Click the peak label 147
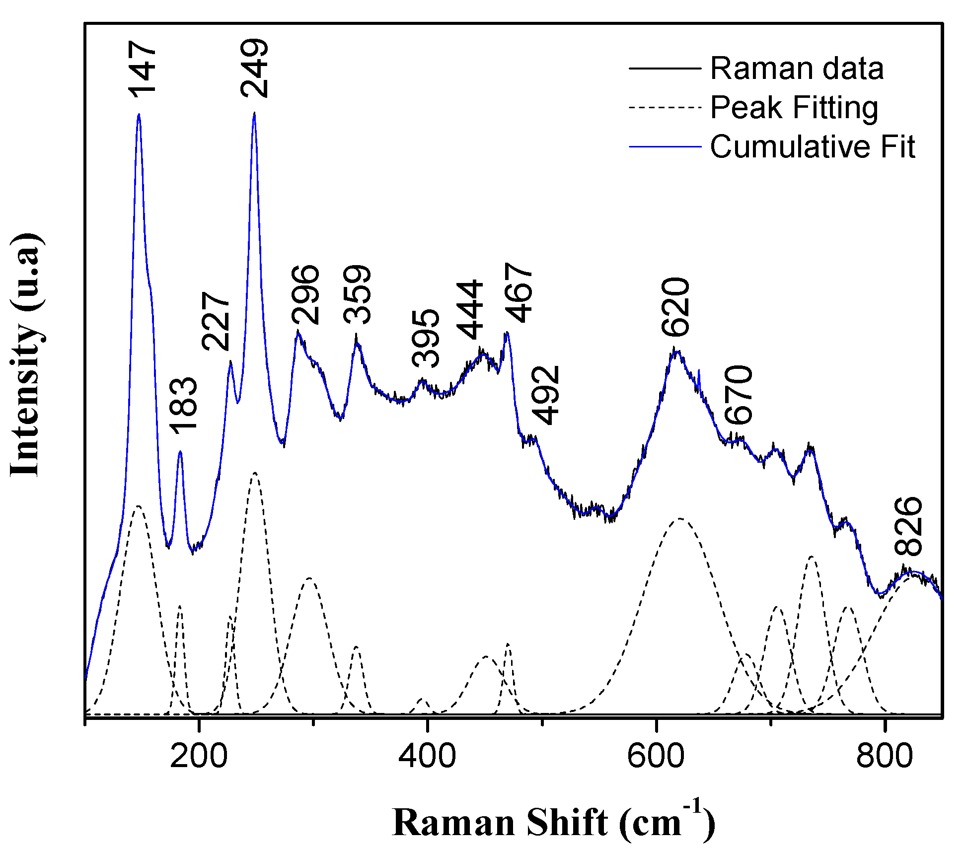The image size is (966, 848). click(x=143, y=70)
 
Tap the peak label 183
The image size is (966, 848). click(x=183, y=405)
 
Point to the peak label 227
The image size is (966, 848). click(x=217, y=321)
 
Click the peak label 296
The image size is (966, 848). click(x=305, y=294)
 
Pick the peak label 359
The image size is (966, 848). click(x=357, y=294)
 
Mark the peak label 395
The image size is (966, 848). click(x=426, y=338)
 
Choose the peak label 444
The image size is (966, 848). click(x=469, y=310)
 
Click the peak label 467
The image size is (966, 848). click(x=519, y=293)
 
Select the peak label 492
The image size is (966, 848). click(x=546, y=395)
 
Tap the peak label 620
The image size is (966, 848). click(x=676, y=307)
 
